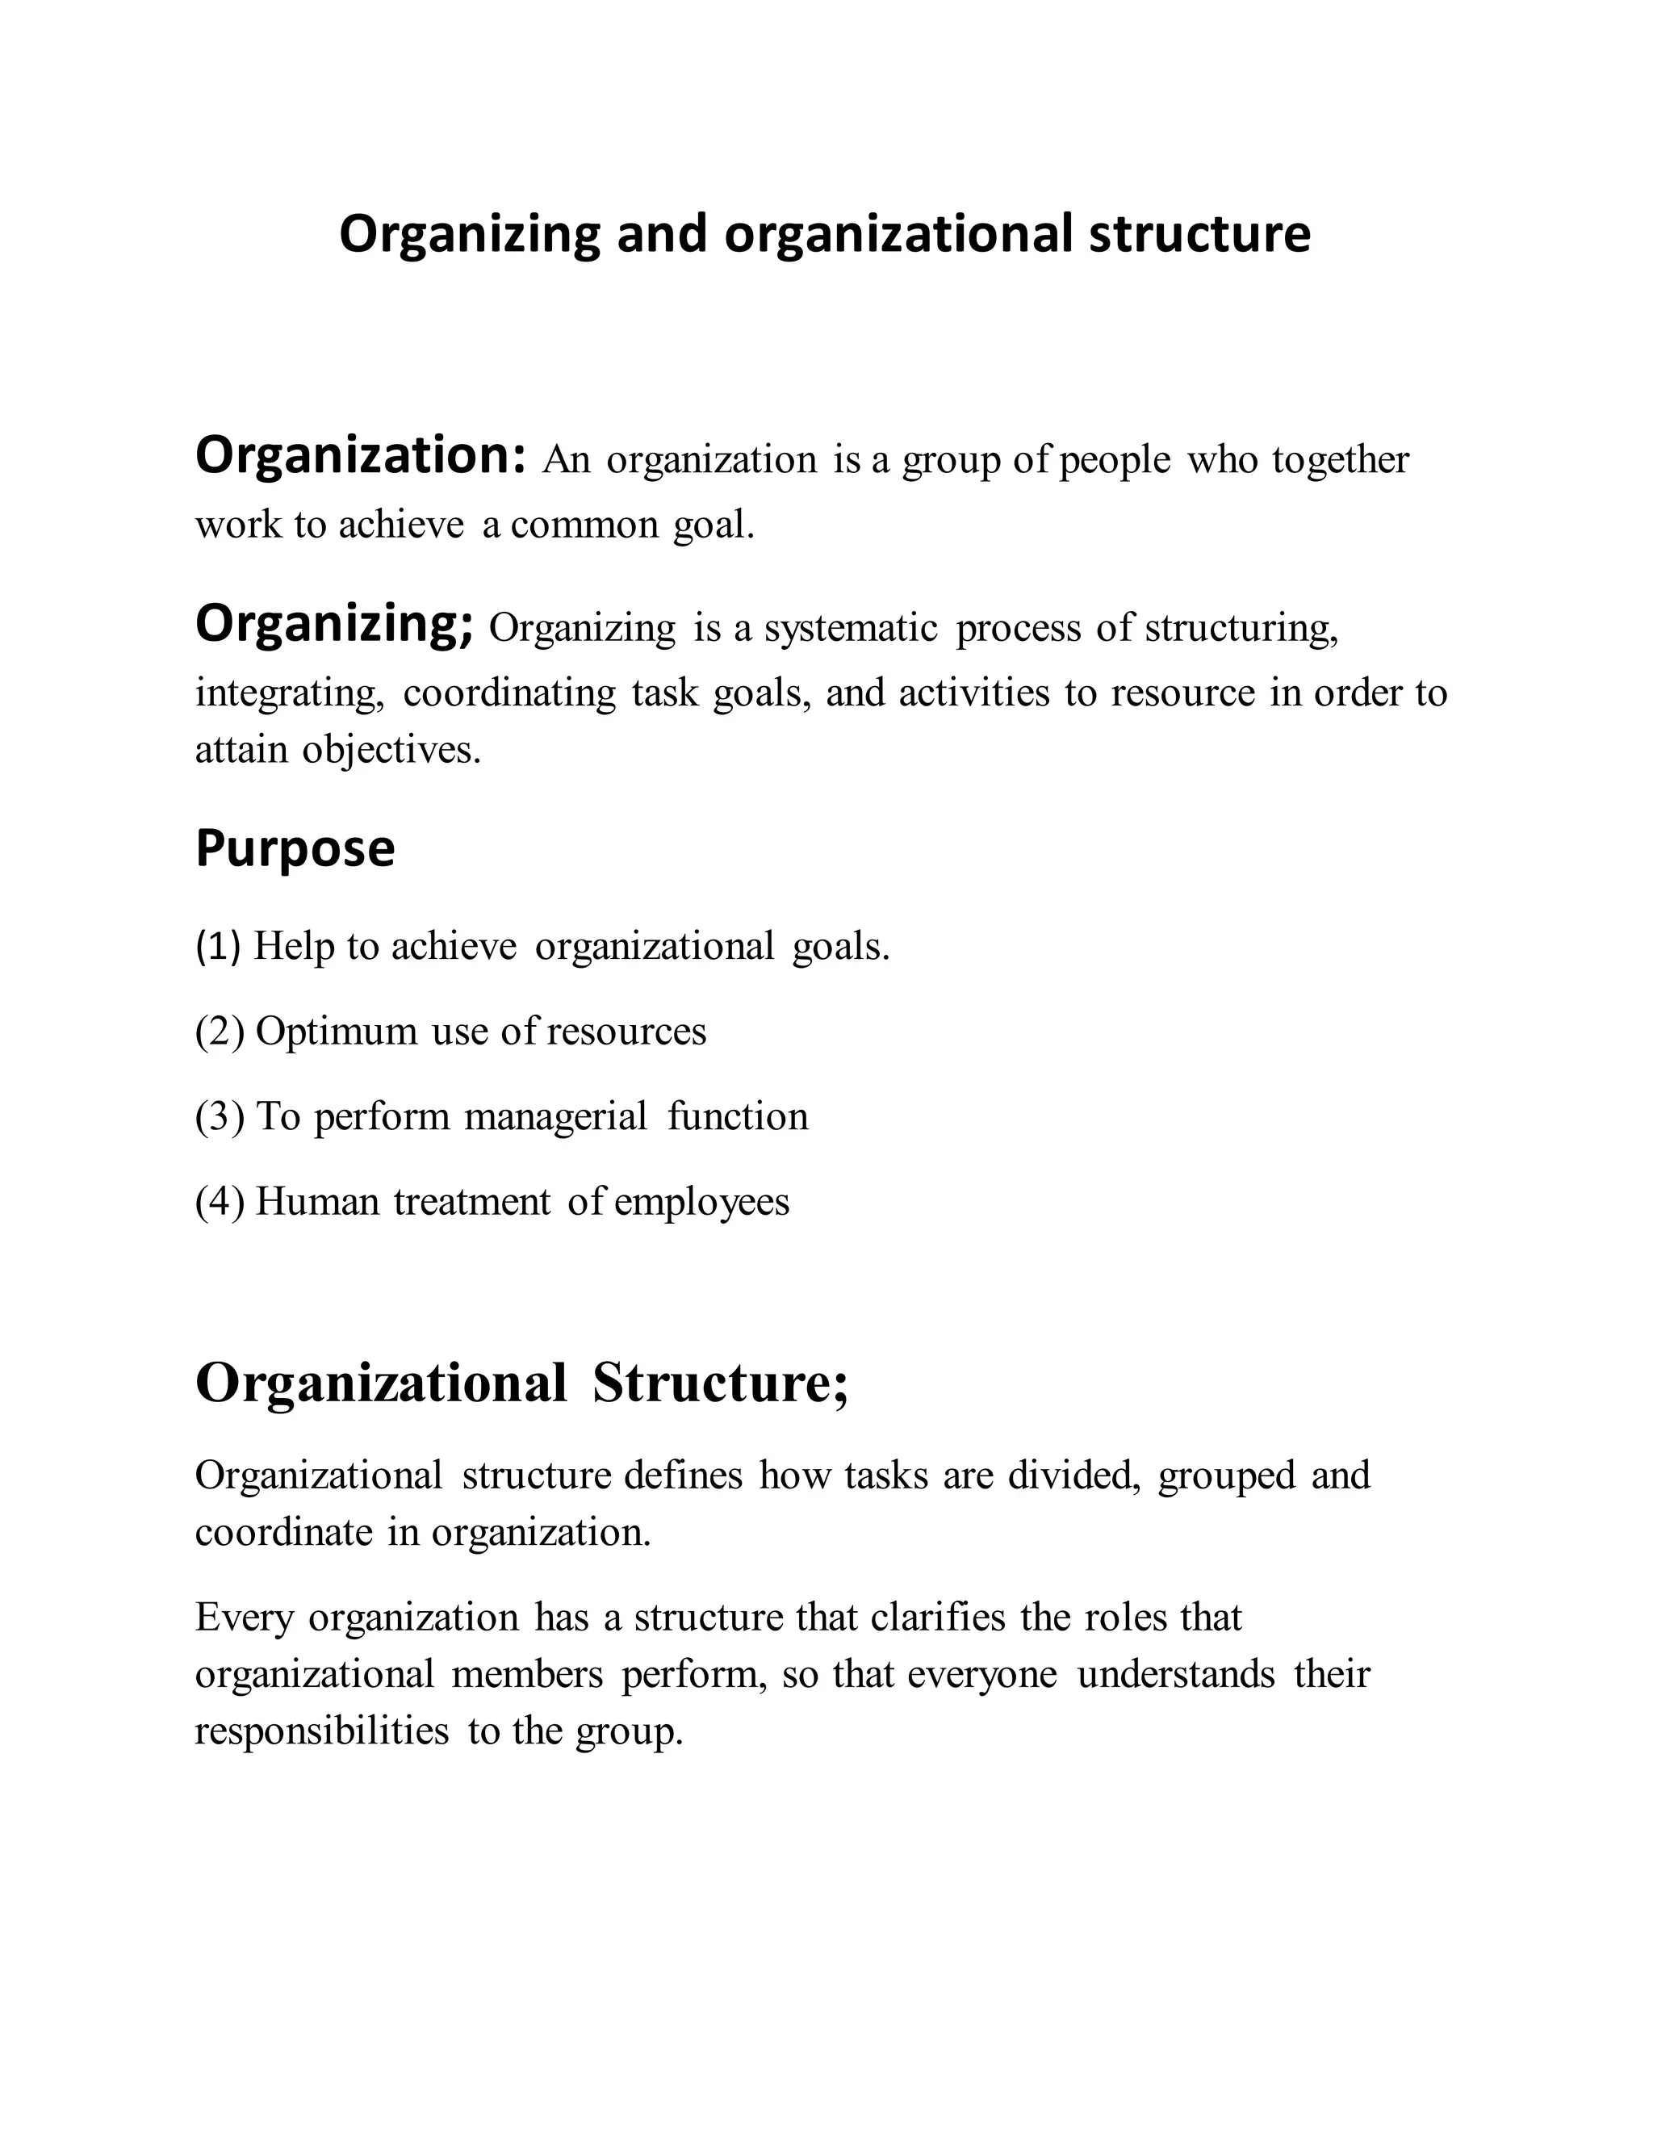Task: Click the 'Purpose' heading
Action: (295, 848)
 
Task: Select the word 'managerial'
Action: (555, 1116)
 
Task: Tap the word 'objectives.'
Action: (391, 750)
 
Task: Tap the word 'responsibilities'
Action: (321, 1731)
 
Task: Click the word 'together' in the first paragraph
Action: (1341, 459)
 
